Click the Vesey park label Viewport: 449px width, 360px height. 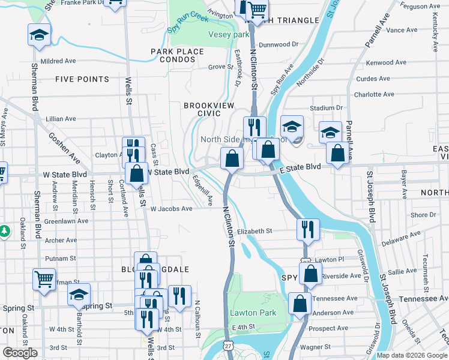[228, 35]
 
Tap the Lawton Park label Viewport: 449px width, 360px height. [253, 313]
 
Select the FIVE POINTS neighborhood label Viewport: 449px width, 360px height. [82, 79]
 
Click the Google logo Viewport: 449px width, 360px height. [20, 353]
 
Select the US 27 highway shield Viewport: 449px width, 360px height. [228, 346]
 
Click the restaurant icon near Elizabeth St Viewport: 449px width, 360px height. [308, 228]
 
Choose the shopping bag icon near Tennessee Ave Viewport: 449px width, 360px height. [300, 304]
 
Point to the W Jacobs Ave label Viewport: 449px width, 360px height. [171, 209]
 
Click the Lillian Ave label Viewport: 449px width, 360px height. [61, 119]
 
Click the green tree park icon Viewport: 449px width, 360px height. [4, 230]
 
